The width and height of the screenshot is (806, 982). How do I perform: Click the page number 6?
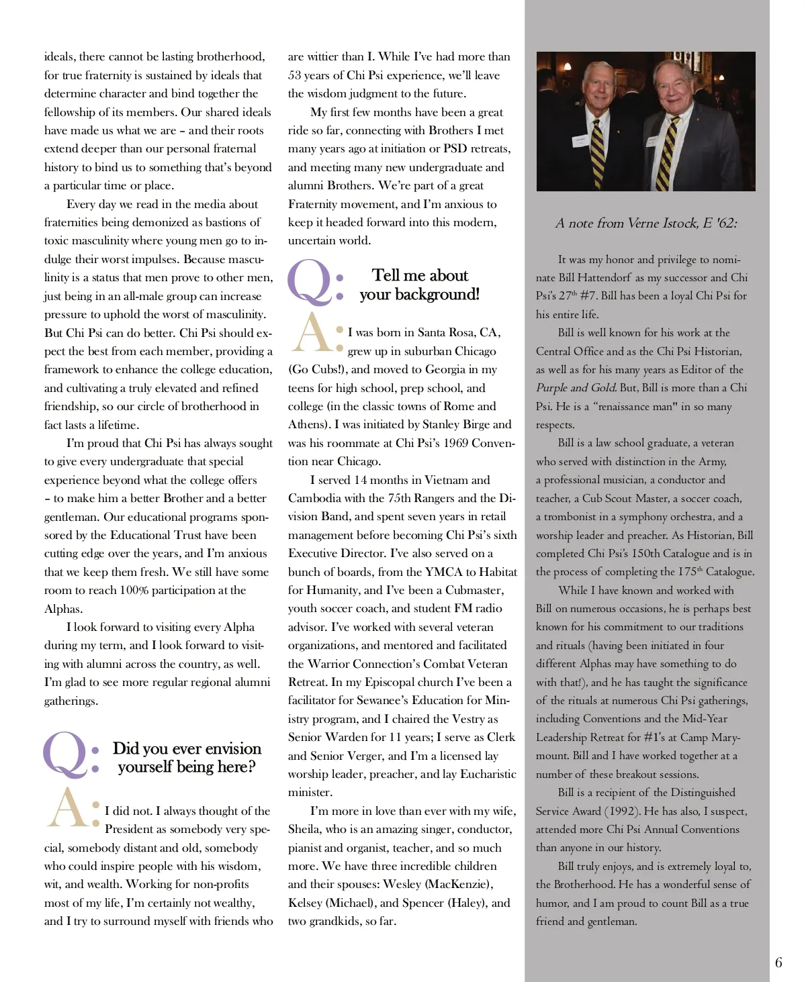pyautogui.click(x=778, y=963)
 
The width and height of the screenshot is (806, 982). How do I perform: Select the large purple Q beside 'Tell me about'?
pyautogui.click(x=309, y=282)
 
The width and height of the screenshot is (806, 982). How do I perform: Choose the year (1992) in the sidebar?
pyautogui.click(x=625, y=811)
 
